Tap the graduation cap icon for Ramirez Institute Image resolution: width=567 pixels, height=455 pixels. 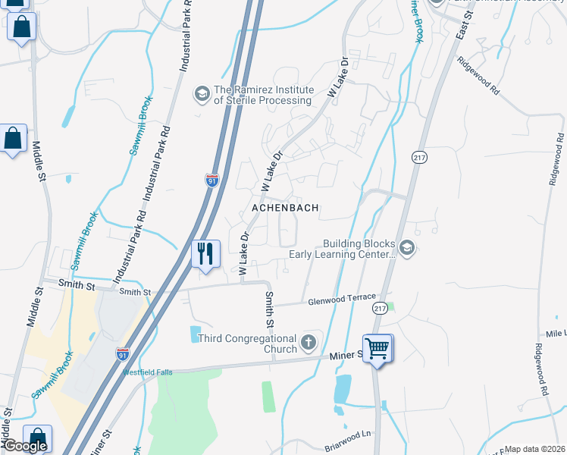click(202, 93)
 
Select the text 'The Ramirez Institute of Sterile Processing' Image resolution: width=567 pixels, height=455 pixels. click(263, 95)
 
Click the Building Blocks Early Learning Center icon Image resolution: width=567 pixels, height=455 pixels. click(407, 249)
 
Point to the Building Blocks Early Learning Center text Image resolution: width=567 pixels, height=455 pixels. click(359, 249)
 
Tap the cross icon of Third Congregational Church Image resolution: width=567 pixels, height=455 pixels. click(308, 343)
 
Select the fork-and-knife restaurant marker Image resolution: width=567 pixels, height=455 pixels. click(205, 253)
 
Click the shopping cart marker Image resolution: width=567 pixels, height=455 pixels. click(377, 349)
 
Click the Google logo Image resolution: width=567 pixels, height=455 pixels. click(24, 447)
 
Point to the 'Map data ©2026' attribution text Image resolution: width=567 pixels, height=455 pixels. click(535, 449)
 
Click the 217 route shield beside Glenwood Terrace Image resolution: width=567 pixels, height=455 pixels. click(381, 308)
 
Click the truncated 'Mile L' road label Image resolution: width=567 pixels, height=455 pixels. click(555, 334)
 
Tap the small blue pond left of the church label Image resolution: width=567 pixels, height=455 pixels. click(196, 333)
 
